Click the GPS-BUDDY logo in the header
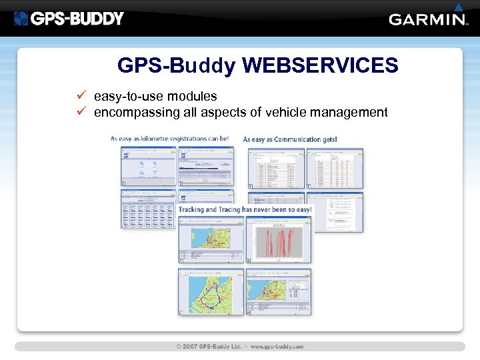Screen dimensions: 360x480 point(69,18)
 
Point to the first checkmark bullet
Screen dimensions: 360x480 point(81,96)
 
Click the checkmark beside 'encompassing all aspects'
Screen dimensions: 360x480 point(81,111)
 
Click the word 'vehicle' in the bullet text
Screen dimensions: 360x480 point(286,112)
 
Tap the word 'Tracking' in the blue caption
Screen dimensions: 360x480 point(191,209)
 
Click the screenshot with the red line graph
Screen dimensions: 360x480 point(278,239)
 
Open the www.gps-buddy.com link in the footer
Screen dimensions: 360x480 point(277,347)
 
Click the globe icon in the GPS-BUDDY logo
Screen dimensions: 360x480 point(21,19)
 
